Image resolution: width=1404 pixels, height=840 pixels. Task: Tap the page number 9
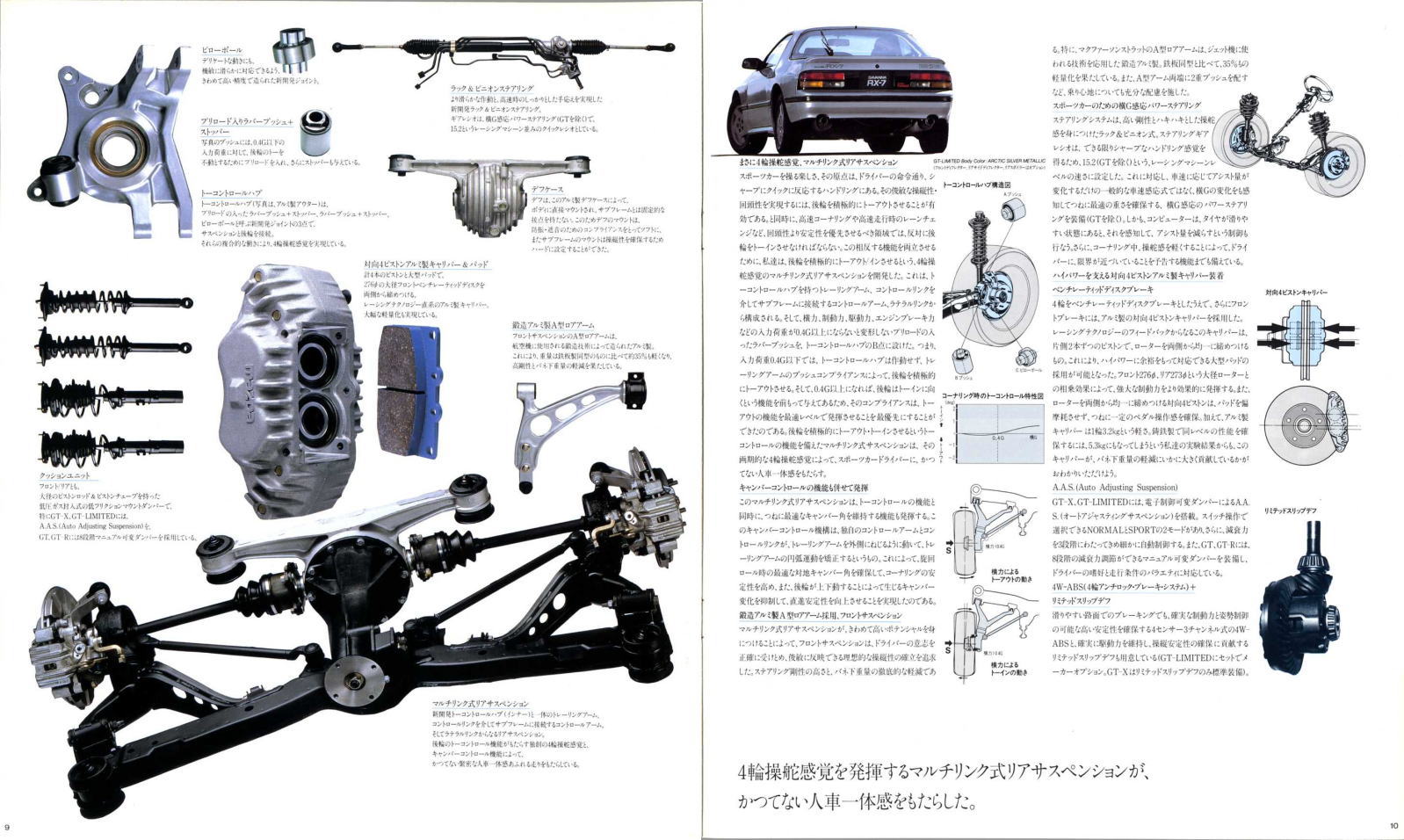8,827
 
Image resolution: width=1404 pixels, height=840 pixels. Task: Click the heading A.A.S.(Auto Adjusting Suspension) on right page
1114,488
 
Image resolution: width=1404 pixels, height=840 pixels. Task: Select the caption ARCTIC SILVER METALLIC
1018,161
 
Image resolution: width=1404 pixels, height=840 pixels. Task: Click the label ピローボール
221,50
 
